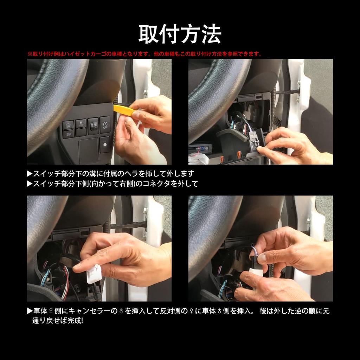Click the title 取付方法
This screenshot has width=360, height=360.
180,34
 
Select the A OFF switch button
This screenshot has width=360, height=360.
105,124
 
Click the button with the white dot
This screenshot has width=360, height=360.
104,144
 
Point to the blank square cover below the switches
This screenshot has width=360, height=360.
89,150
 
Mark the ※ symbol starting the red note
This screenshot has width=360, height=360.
30,54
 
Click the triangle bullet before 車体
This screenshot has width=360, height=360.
30,311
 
